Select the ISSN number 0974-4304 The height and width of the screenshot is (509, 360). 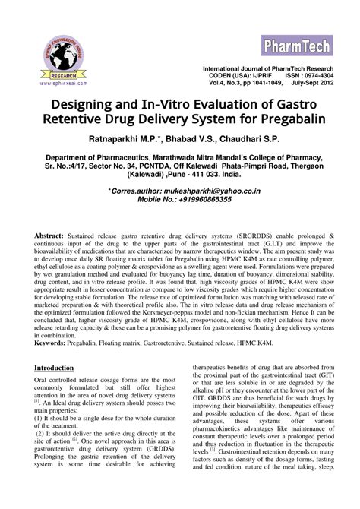[x=310, y=76]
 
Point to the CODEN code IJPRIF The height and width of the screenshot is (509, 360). [x=251, y=76]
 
